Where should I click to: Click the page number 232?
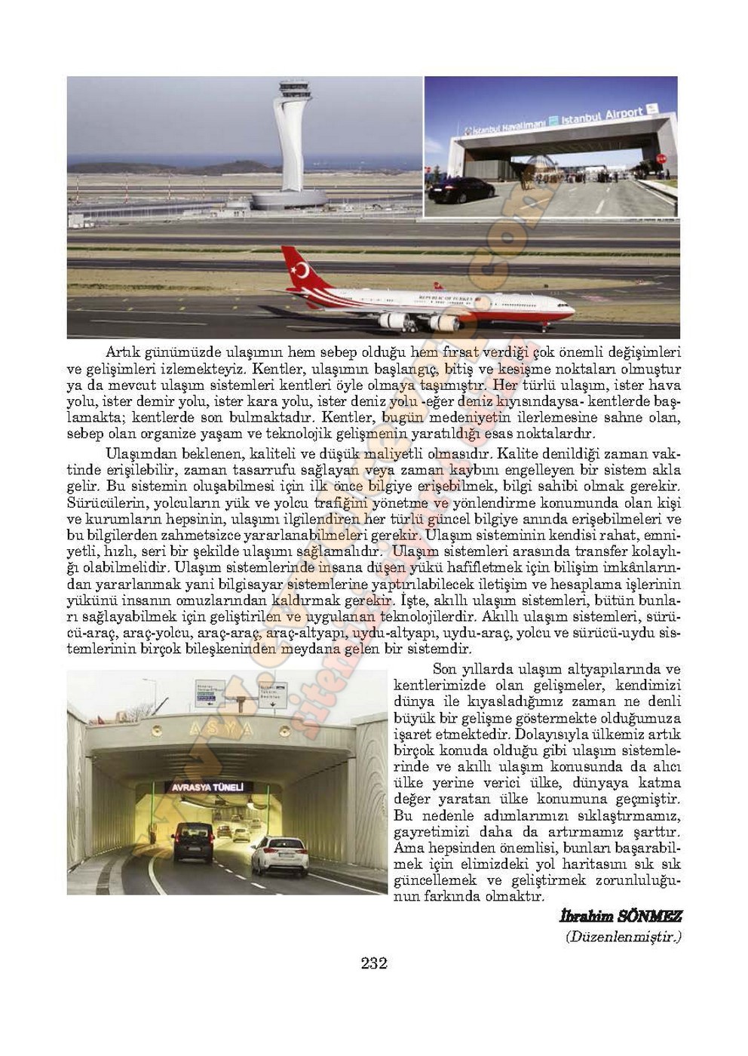374,963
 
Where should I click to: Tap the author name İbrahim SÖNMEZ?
620,916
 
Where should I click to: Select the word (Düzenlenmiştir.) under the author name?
623,938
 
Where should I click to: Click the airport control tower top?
292,95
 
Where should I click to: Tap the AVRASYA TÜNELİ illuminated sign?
208,787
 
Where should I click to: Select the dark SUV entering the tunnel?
193,842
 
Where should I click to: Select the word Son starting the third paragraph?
445,669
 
